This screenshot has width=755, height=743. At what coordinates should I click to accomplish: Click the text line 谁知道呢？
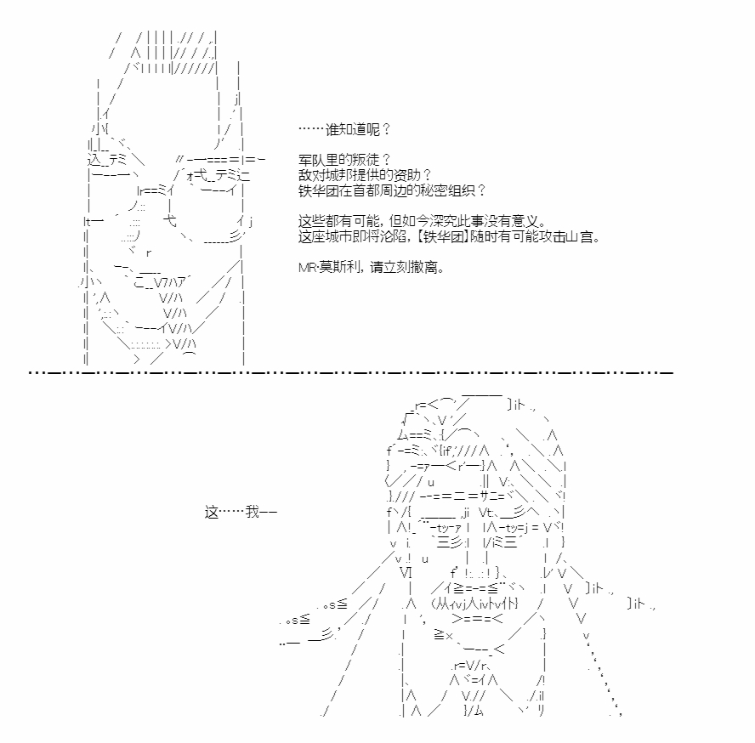point(344,129)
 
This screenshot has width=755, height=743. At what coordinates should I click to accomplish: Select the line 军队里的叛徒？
point(344,159)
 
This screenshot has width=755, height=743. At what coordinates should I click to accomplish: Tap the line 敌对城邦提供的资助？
point(365,175)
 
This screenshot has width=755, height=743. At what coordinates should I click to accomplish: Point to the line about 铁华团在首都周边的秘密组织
point(392,190)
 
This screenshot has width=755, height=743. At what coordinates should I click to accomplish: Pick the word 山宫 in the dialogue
point(580,236)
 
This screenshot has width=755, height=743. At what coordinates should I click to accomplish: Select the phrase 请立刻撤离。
point(407,267)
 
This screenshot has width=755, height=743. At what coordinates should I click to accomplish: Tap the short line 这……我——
point(241,512)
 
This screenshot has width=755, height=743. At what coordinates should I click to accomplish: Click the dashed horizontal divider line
point(350,372)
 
